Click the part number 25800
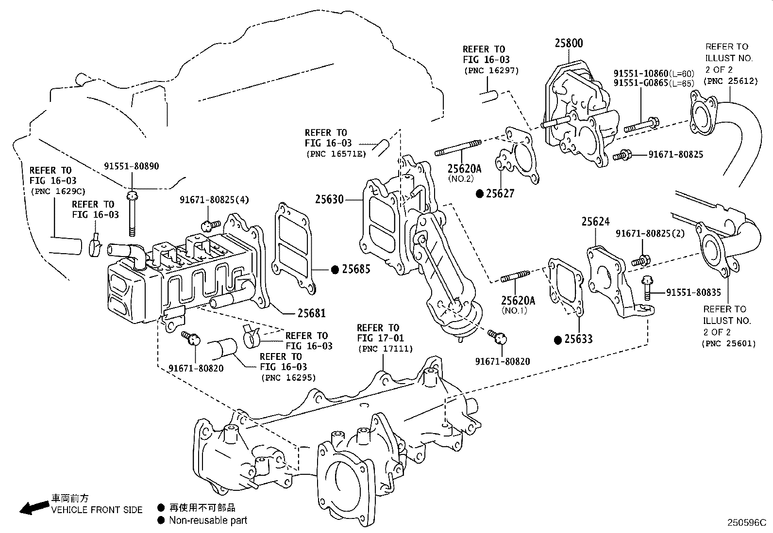tap(569, 43)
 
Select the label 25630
tap(329, 199)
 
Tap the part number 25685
tap(356, 269)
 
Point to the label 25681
tap(311, 313)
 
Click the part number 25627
tap(500, 194)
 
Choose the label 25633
tap(578, 339)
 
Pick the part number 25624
tap(595, 222)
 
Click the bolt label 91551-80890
tap(131, 166)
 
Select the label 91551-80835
tap(693, 292)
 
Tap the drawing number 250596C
tap(746, 523)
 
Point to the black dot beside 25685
tap(335, 269)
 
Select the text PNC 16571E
tap(336, 154)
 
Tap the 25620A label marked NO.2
tap(464, 169)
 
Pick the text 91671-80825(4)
tap(208, 199)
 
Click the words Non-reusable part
tap(208, 520)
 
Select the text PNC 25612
tap(732, 81)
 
